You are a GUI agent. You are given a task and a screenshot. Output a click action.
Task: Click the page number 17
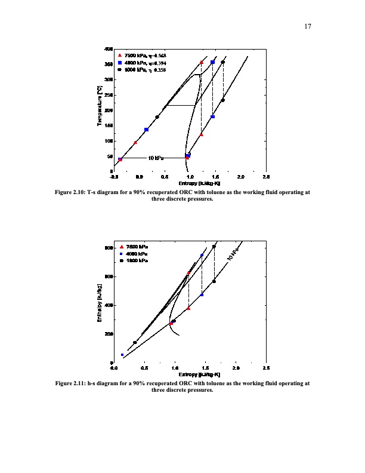click(308, 26)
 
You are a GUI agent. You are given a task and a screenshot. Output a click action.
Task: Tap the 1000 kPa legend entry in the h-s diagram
click(136, 261)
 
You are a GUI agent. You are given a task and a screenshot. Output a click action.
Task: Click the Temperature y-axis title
click(100, 106)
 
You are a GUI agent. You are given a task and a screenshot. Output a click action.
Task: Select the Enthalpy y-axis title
click(100, 305)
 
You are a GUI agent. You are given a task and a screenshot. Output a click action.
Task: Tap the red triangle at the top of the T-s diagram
click(202, 62)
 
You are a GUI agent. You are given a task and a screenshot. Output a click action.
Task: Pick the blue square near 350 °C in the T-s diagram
click(212, 62)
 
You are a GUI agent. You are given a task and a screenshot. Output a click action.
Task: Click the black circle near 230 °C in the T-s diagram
click(223, 100)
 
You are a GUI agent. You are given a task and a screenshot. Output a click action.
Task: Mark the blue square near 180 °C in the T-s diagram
click(212, 117)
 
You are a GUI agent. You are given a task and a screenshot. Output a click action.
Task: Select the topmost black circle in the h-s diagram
click(214, 247)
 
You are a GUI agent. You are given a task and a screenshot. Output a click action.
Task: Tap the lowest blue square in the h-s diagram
click(122, 355)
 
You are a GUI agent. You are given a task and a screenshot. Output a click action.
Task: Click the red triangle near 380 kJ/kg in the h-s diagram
click(188, 308)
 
